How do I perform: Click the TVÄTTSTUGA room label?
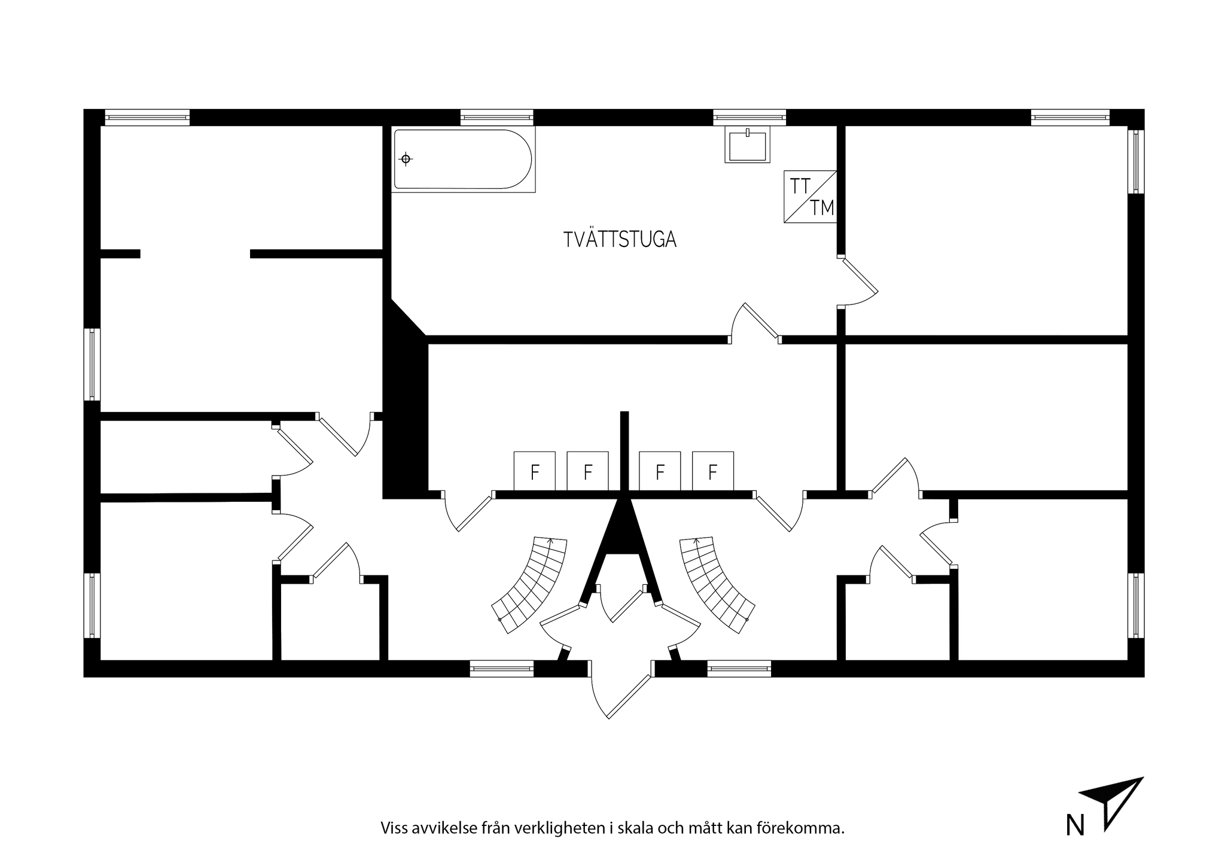[620, 239]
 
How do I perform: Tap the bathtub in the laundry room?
[463, 159]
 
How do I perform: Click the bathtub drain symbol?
[406, 159]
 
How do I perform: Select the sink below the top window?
[748, 145]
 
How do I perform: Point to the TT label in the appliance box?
[800, 187]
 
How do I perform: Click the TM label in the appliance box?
[822, 208]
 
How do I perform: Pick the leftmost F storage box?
[535, 471]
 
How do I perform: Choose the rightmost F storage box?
[713, 471]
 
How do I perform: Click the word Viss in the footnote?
[394, 828]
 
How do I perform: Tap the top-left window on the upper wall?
[147, 117]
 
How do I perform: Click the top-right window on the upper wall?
[1070, 117]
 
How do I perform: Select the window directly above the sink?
[749, 117]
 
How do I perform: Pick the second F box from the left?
[588, 471]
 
